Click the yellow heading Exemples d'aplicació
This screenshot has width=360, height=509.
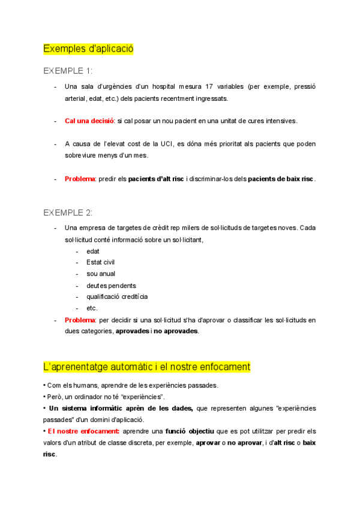tap(88, 48)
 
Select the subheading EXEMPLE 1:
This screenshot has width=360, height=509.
tap(68, 70)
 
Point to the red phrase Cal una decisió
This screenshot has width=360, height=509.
tap(89, 121)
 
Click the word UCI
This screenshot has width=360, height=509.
tap(167, 144)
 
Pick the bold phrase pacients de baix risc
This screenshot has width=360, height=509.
tap(281, 179)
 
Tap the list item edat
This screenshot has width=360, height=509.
tap(93, 251)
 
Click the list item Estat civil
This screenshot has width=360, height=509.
tap(101, 262)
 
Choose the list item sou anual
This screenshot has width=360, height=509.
tap(101, 274)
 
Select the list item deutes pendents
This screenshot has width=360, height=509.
tap(111, 286)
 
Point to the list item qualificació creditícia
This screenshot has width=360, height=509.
tap(117, 297)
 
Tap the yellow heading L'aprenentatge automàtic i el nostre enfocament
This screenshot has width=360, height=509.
tap(147, 366)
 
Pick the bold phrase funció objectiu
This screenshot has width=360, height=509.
tap(196, 431)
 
